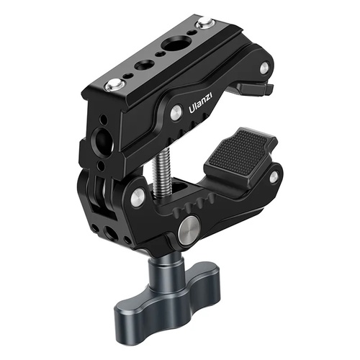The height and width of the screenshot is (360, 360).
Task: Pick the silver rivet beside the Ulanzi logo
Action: pyautogui.click(x=175, y=112)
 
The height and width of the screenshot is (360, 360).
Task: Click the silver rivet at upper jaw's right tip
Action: pyautogui.click(x=265, y=68)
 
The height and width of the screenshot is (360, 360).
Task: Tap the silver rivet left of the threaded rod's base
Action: pyautogui.click(x=138, y=194)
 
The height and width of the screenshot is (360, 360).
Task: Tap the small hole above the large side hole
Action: pyautogui.click(x=103, y=118)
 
